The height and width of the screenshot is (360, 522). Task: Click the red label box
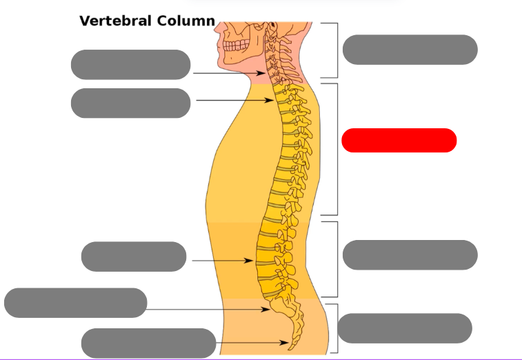pyautogui.click(x=399, y=140)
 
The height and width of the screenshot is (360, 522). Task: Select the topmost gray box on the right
pyautogui.click(x=410, y=50)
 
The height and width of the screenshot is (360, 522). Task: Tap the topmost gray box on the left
pyautogui.click(x=130, y=64)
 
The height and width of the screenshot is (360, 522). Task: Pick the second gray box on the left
pyautogui.click(x=130, y=103)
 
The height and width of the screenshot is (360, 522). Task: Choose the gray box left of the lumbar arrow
pyautogui.click(x=134, y=257)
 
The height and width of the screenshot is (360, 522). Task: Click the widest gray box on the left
pyautogui.click(x=76, y=303)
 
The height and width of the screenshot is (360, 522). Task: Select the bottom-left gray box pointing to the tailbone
pyautogui.click(x=148, y=343)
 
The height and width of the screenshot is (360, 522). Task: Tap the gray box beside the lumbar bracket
pyautogui.click(x=410, y=255)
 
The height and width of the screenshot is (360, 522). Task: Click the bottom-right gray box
pyautogui.click(x=405, y=328)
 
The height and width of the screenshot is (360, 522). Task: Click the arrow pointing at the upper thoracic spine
pyautogui.click(x=234, y=101)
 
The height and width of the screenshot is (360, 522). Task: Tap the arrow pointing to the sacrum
pyautogui.click(x=207, y=310)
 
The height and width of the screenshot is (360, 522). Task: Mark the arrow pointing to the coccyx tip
pyautogui.click(x=252, y=342)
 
